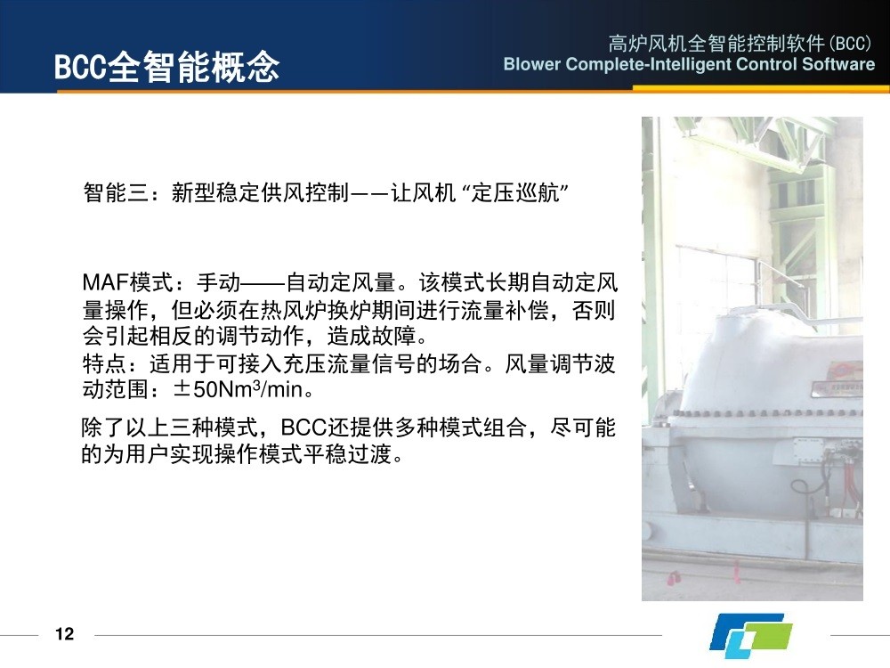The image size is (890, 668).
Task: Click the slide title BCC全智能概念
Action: pyautogui.click(x=166, y=67)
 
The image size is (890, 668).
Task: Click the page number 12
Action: pyautogui.click(x=65, y=633)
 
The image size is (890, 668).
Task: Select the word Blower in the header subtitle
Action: pyautogui.click(x=532, y=63)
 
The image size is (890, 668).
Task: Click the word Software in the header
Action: pyautogui.click(x=838, y=63)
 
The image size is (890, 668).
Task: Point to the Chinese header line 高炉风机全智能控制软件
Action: pyautogui.click(x=716, y=43)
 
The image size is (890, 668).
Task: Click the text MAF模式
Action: pyautogui.click(x=127, y=281)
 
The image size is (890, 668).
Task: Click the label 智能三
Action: pyautogui.click(x=117, y=192)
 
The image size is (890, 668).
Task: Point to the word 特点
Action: pyautogui.click(x=104, y=363)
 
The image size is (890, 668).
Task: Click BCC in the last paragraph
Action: pyautogui.click(x=303, y=428)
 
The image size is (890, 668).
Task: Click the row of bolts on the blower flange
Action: pyautogui.click(x=766, y=413)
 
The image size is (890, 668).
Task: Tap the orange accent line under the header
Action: pyautogui.click(x=761, y=88)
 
